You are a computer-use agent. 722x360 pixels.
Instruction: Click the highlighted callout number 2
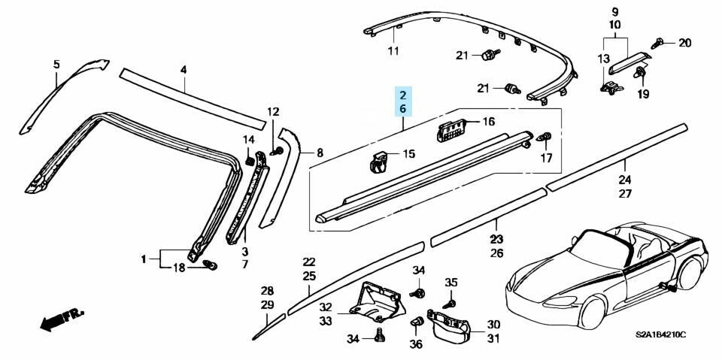(402, 95)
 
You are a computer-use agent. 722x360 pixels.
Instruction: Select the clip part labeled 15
(381, 162)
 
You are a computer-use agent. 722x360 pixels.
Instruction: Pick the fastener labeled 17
(545, 138)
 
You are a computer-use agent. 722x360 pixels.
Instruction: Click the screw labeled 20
(659, 43)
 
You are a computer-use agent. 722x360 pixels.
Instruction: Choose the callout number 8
(319, 153)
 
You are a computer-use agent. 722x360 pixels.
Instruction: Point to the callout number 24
(625, 179)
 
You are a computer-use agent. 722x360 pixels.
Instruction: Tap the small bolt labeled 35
(450, 302)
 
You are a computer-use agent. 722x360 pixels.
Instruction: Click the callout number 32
(325, 307)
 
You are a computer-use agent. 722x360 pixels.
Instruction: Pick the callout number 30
(493, 324)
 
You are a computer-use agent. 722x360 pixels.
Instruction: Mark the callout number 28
(267, 291)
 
